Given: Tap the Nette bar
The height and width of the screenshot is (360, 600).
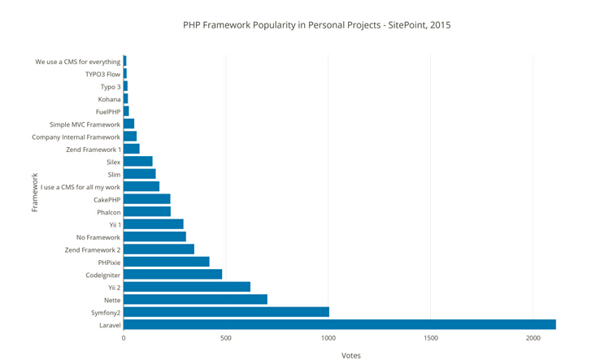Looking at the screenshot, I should pos(195,299).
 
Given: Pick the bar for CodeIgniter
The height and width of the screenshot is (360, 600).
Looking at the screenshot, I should pos(172,274).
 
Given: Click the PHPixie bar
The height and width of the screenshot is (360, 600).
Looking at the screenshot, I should pos(166,262).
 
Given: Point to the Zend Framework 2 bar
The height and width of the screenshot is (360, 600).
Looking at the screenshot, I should pos(159,249).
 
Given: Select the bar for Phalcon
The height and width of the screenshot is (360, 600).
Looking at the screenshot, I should pos(147,211).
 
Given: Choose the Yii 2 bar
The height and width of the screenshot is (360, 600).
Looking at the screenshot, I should pos(187,287).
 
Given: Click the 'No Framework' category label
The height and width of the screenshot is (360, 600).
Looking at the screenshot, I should pos(98,236).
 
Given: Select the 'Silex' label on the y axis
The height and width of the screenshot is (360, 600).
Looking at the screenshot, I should pos(113,162).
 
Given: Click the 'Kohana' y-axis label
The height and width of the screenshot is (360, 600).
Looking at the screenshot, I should pos(109,99).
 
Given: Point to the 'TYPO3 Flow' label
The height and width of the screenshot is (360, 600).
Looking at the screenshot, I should pos(102,74).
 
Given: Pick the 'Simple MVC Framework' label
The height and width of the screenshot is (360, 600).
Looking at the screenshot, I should pos(85,124).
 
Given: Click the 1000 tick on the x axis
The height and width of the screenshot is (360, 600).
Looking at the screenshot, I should pos(328,337).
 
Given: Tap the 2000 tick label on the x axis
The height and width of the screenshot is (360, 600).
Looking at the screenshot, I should pos(533,337).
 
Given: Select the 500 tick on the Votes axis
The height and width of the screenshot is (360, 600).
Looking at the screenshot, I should pos(226,337).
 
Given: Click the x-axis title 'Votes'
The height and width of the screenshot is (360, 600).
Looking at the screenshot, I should pos(350,355).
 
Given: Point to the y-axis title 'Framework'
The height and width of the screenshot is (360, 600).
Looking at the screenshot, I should pos(35,193).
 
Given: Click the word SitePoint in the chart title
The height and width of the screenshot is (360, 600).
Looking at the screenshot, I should pos(405,25).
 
